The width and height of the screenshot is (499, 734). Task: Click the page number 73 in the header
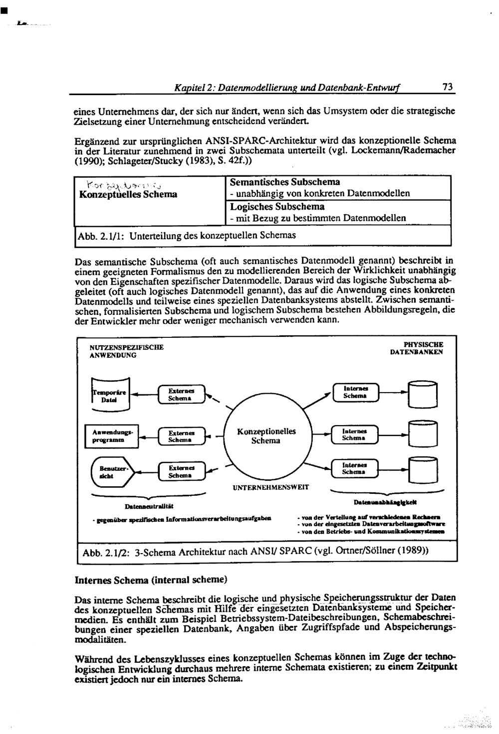point(448,87)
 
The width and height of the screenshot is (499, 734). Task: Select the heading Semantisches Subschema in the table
point(285,182)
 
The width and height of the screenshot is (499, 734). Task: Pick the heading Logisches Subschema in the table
point(277,206)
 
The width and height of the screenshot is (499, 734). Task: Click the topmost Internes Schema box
point(355,392)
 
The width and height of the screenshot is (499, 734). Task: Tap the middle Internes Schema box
point(355,434)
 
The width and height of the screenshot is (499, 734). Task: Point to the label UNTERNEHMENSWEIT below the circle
point(270,487)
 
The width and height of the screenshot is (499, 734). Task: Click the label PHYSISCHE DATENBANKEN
point(417,348)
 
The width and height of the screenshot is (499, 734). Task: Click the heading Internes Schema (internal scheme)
point(151,580)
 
